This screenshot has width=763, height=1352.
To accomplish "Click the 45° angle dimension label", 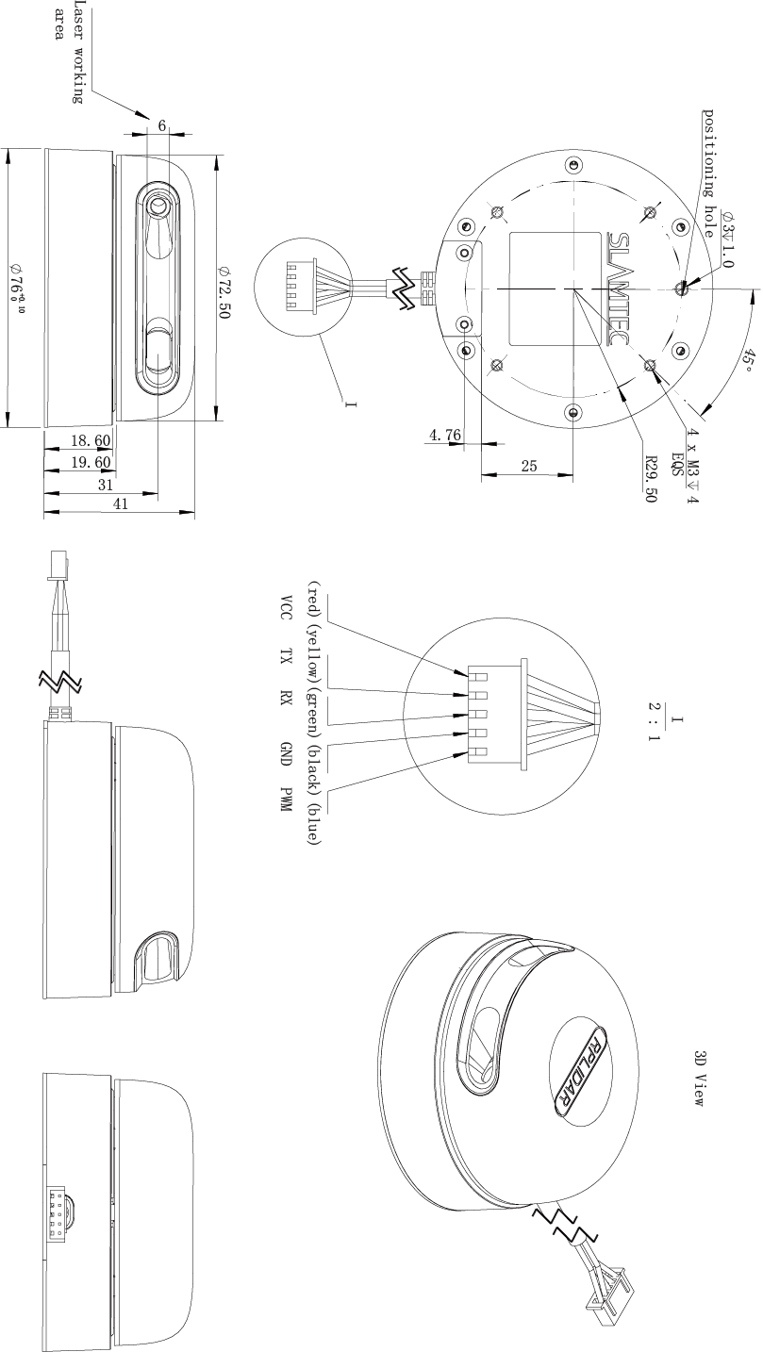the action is pyautogui.click(x=749, y=360).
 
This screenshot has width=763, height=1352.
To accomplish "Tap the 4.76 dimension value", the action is pyautogui.click(x=445, y=434).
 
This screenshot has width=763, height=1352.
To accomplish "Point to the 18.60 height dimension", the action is pyautogui.click(x=91, y=440).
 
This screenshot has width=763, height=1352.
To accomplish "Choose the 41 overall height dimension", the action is pyautogui.click(x=121, y=503).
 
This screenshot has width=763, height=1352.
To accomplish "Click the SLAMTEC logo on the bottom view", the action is pyautogui.click(x=618, y=289).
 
